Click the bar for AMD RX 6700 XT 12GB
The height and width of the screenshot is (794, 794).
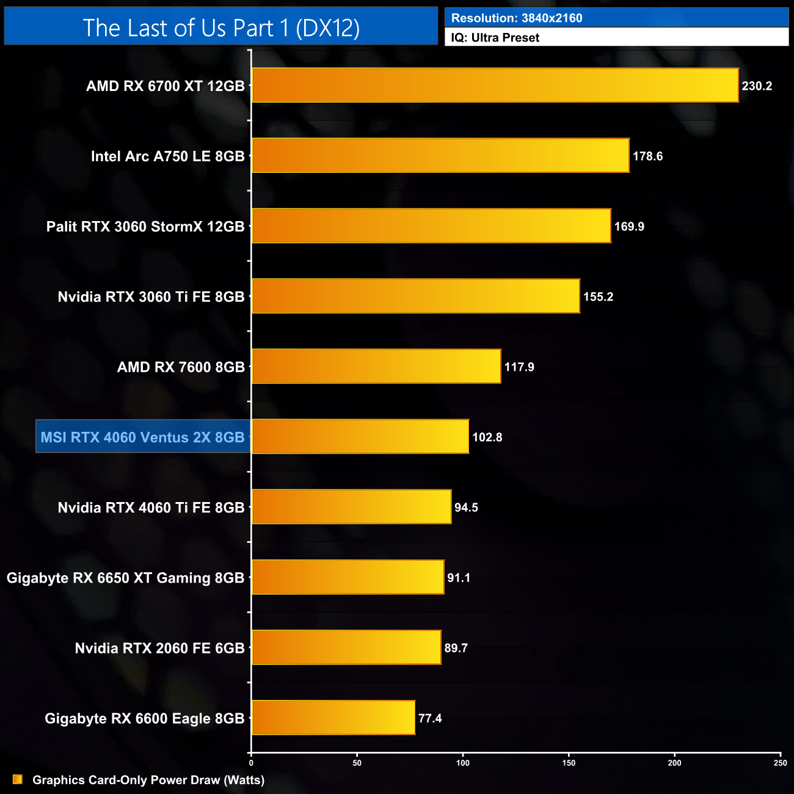coord(495,86)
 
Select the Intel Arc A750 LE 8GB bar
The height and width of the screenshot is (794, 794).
coord(440,156)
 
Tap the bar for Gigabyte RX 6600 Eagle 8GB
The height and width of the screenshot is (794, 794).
coord(333,718)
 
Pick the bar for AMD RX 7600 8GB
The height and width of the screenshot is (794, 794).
coord(376,366)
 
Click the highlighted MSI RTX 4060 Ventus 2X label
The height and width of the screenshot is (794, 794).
coord(142,437)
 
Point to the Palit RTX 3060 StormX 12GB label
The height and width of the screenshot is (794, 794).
coord(145,227)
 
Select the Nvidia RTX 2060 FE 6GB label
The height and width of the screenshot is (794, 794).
coord(159,648)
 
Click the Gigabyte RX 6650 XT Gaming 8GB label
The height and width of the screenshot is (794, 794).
coord(125,578)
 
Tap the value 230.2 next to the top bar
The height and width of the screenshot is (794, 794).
coord(757,86)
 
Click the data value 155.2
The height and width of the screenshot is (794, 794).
coord(598,297)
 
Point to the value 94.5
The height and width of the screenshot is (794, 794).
coord(466,508)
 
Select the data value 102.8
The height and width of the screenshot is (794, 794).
coord(487,437)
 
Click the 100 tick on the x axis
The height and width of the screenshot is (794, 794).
coord(463,763)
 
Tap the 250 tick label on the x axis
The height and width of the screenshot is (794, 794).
coord(780,763)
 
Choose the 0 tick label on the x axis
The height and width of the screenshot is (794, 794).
coord(251,763)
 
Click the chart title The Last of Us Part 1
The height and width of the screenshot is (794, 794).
coord(221,27)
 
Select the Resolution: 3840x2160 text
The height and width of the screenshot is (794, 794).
coord(517,18)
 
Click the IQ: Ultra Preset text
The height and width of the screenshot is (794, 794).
coord(495,38)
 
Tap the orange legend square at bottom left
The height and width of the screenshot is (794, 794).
coord(18,779)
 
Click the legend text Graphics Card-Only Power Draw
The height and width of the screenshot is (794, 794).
coord(148,780)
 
